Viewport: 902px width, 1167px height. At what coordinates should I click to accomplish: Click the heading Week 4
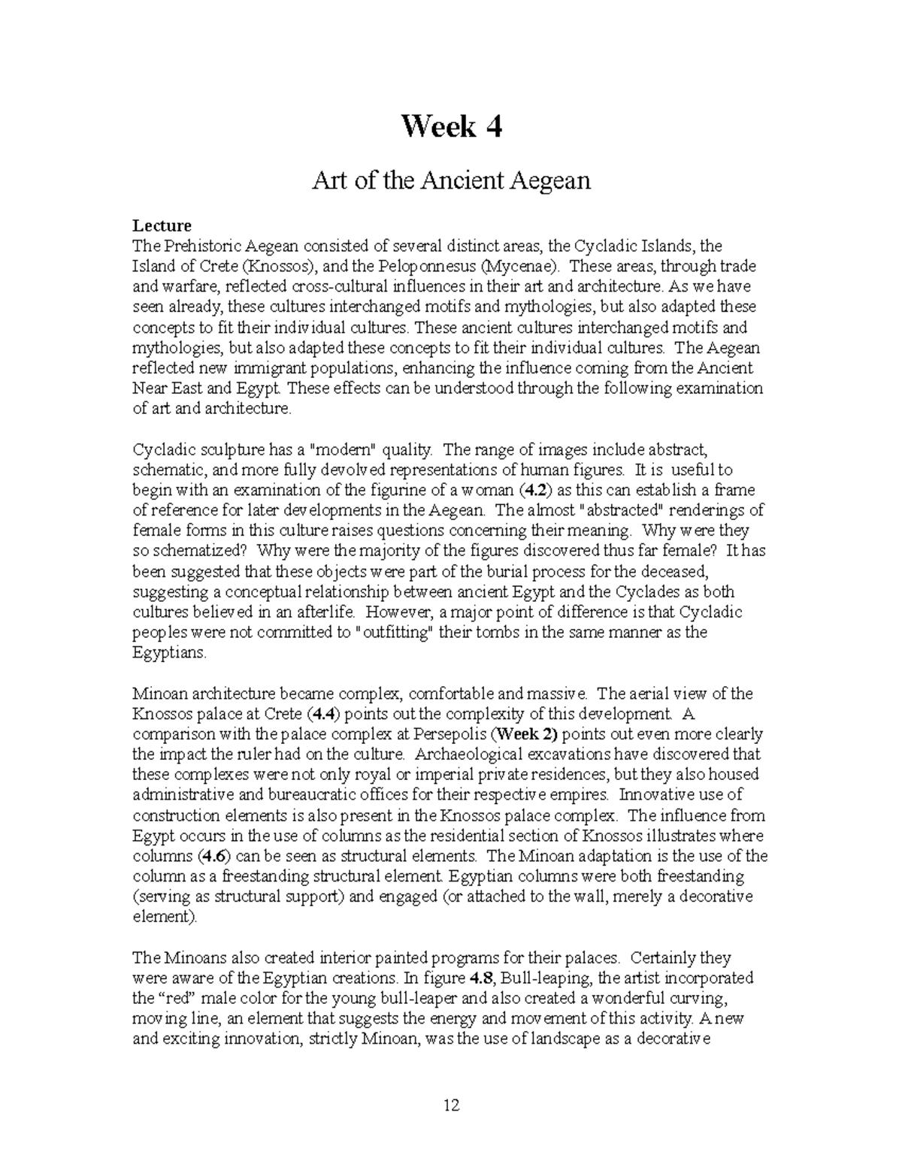[x=451, y=126]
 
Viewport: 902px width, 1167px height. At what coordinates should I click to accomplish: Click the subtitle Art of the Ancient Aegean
[x=451, y=180]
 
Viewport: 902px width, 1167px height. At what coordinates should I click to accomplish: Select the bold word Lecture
[x=162, y=225]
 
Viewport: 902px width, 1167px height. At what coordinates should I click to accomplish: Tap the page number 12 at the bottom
[x=451, y=1105]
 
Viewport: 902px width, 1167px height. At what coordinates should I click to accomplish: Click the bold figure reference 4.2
[x=533, y=491]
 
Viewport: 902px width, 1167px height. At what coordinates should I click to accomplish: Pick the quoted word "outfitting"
[x=395, y=633]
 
